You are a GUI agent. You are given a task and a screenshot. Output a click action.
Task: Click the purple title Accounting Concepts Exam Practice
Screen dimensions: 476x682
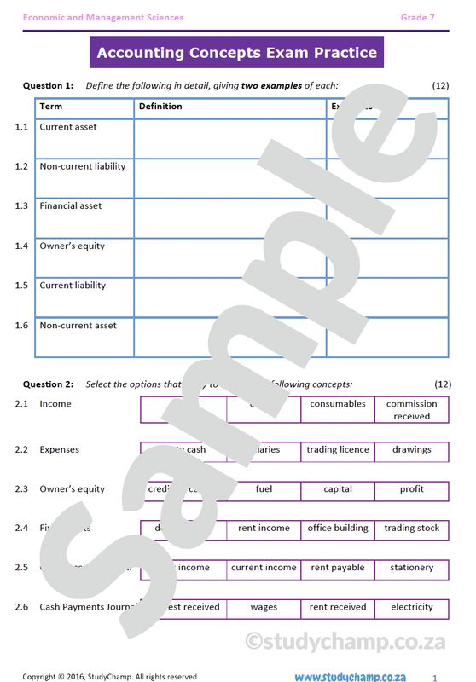[236, 53]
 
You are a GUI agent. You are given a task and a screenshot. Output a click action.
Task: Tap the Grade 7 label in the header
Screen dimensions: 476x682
[418, 17]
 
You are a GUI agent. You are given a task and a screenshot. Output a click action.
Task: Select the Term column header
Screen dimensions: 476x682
[51, 107]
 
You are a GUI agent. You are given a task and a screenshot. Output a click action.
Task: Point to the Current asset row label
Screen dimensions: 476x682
[68, 127]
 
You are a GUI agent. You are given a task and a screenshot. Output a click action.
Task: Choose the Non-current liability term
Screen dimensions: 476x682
[82, 166]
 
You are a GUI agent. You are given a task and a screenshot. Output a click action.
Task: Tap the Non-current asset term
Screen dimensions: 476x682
[78, 325]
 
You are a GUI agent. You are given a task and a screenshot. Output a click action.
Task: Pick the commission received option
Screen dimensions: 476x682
[411, 410]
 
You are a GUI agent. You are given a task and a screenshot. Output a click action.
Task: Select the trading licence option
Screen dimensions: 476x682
[338, 449]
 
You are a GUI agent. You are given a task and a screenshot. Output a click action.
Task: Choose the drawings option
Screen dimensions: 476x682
[411, 449]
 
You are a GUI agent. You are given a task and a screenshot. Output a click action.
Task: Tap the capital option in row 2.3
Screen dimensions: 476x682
[338, 489]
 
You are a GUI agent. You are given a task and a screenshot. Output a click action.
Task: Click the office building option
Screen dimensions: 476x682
[338, 529]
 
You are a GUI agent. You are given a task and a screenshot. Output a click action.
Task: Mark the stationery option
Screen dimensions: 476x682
[411, 568]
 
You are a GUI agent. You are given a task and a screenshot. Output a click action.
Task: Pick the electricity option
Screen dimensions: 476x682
[411, 607]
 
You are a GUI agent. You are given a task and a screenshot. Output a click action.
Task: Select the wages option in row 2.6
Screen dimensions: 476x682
[264, 607]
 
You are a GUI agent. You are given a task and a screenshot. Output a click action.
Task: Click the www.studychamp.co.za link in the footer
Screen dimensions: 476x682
[350, 676]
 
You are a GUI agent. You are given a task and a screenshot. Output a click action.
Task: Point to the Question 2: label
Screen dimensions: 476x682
[48, 384]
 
